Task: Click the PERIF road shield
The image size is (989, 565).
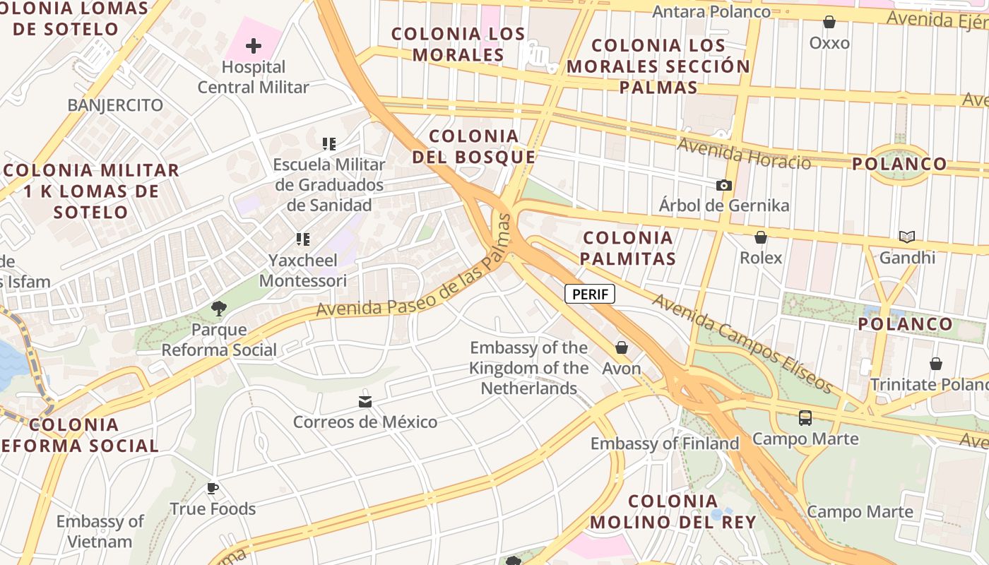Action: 590,294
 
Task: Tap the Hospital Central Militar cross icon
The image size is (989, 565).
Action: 253,47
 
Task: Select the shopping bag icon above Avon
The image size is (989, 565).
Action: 622,347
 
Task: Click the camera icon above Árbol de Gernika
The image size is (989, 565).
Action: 724,185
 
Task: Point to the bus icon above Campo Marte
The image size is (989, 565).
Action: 805,418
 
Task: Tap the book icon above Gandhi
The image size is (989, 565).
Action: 907,237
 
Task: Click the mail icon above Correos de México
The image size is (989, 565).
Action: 365,401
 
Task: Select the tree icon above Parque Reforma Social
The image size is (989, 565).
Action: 219,309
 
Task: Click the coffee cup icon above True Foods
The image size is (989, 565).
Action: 213,488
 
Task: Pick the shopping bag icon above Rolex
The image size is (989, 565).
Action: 761,237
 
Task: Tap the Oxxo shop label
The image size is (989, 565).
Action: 829,42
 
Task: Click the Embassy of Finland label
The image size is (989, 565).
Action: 665,444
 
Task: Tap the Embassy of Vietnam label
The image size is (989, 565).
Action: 100,531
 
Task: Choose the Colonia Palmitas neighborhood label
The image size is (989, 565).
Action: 628,248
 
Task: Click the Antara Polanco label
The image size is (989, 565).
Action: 711,12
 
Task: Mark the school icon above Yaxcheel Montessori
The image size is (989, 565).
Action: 303,239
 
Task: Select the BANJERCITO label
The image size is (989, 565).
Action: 115,105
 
